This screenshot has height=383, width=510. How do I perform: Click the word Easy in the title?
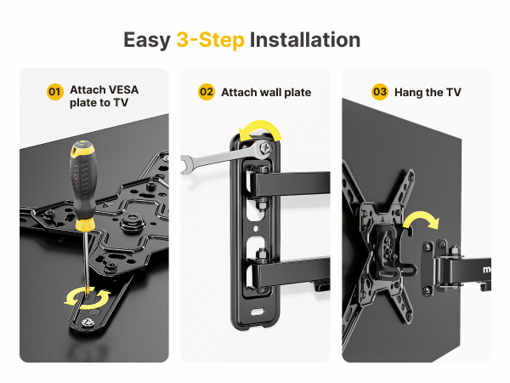(147, 40)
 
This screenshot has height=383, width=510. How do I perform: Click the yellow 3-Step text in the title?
(210, 40)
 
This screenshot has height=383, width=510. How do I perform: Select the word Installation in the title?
(305, 40)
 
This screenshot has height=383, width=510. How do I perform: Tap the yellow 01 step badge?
(54, 91)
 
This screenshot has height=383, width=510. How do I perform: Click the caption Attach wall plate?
(266, 92)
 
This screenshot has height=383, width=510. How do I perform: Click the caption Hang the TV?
(429, 92)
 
